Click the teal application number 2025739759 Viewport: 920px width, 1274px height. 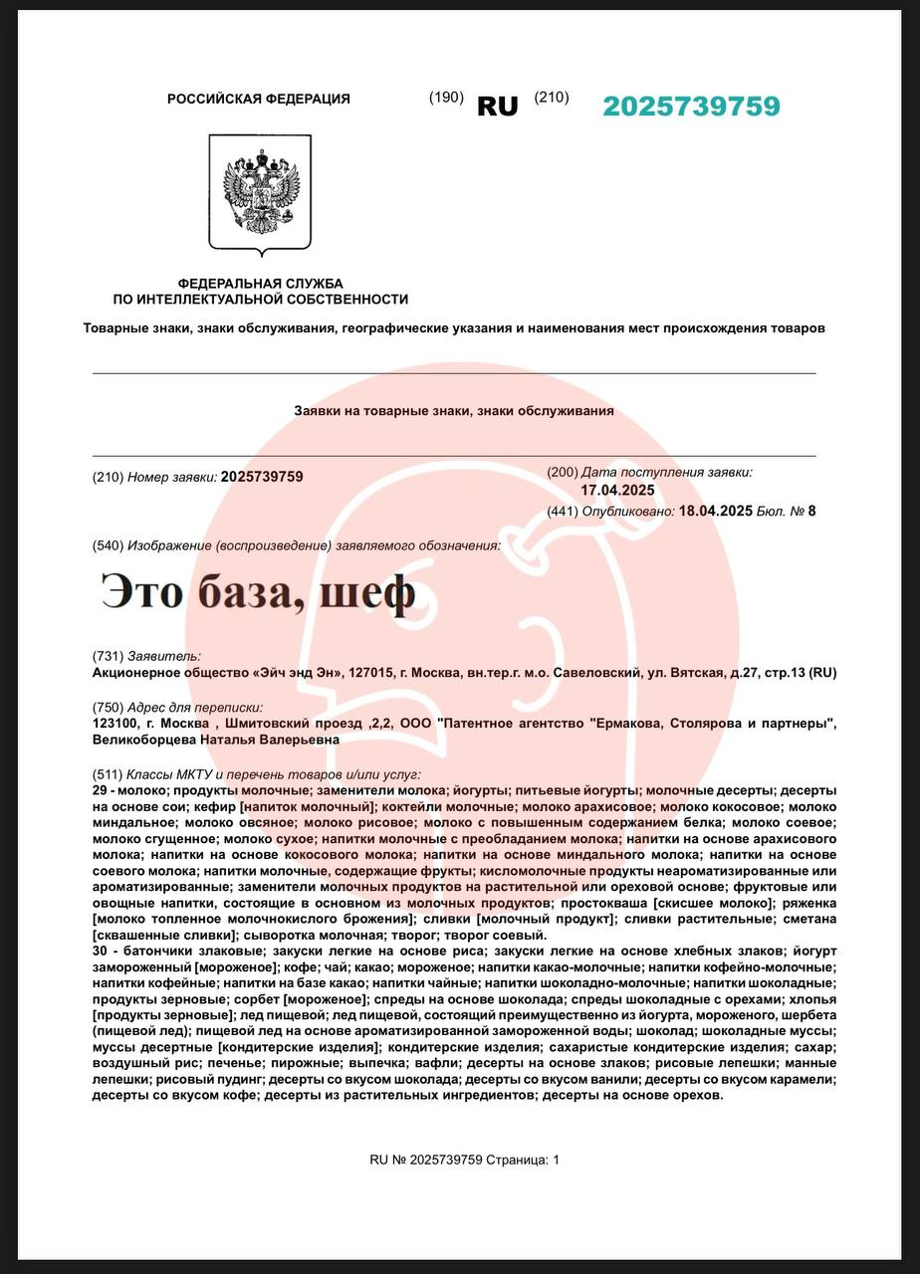pyautogui.click(x=691, y=106)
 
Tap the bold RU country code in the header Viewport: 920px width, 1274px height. pyautogui.click(x=498, y=106)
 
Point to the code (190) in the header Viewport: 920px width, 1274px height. pyautogui.click(x=446, y=98)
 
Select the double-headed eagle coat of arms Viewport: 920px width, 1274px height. pyautogui.click(x=261, y=193)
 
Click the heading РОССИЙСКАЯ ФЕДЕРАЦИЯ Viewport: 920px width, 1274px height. pyautogui.click(x=259, y=99)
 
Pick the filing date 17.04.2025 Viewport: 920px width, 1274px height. pyautogui.click(x=617, y=491)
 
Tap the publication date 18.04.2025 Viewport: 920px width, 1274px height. pyautogui.click(x=715, y=512)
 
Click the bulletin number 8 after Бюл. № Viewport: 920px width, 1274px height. pyautogui.click(x=811, y=512)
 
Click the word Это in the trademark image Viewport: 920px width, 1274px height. pyautogui.click(x=141, y=593)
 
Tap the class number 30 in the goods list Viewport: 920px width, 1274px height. pyautogui.click(x=101, y=952)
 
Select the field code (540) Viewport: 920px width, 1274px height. pyautogui.click(x=108, y=545)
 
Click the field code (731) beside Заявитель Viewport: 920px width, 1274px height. pyautogui.click(x=108, y=657)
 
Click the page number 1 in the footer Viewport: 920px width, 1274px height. pyautogui.click(x=556, y=1160)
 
